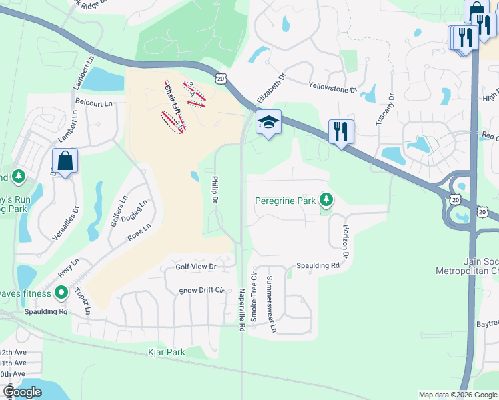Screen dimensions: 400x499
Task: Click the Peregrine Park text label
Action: point(285,200)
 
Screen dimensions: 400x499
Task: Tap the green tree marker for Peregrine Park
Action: point(326,199)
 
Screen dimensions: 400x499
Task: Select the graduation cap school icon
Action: point(268,123)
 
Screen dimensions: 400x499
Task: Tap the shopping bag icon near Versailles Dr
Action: point(65,161)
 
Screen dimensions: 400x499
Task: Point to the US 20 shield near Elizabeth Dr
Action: point(221,79)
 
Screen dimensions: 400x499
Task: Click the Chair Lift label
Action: point(172,99)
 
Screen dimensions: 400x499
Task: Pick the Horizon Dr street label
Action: point(346,241)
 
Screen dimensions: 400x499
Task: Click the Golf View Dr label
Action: point(196,267)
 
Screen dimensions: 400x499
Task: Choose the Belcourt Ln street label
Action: point(94,104)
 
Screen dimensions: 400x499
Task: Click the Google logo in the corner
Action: point(22,392)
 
